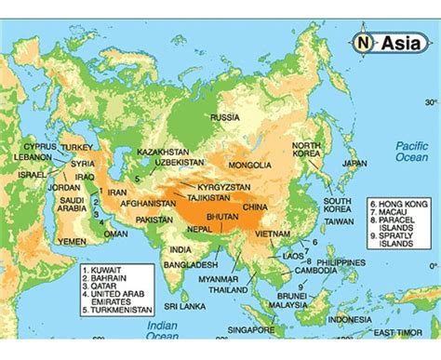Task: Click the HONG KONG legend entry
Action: (x=400, y=202)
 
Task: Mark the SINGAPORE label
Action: (x=253, y=330)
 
